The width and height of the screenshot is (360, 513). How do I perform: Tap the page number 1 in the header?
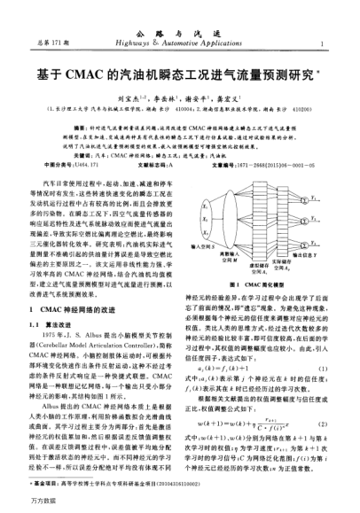319,43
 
